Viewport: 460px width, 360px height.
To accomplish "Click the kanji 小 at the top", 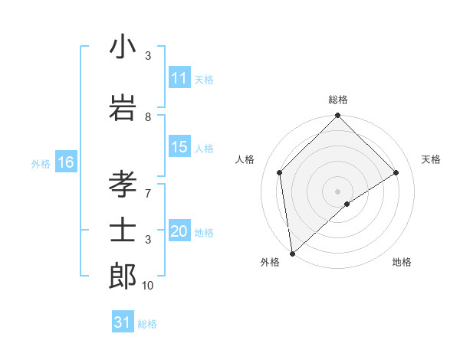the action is [123, 47].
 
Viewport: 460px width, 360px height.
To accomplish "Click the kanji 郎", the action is [123, 276].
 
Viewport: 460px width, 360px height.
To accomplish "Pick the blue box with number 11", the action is [179, 78].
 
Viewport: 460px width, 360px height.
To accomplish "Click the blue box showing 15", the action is [179, 148].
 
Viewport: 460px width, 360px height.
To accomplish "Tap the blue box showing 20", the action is [179, 232].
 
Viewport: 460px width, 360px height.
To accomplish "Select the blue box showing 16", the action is [66, 162].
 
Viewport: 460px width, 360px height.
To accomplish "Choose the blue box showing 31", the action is [123, 322].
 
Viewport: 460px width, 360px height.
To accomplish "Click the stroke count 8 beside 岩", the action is [148, 117].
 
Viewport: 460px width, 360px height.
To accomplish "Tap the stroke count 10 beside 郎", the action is [148, 286].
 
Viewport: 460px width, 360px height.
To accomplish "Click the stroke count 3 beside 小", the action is [148, 56].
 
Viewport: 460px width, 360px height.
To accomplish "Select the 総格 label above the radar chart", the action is [338, 100].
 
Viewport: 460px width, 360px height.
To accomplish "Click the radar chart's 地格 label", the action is [402, 263].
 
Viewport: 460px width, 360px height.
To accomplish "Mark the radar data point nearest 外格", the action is [292, 254].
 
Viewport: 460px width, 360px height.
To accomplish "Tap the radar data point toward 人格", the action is [280, 172].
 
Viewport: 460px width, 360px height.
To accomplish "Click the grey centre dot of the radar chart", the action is [338, 191].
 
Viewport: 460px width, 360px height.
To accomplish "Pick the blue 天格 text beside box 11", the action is [204, 79].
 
